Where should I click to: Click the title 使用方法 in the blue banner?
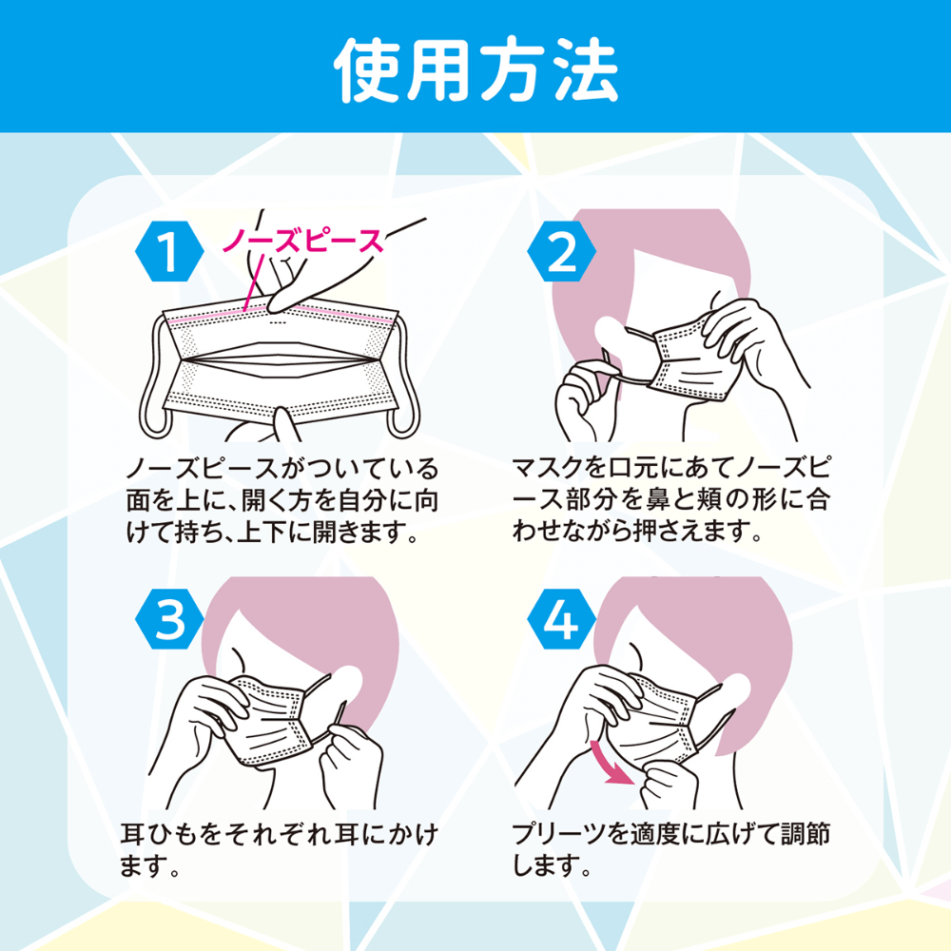coord(476,69)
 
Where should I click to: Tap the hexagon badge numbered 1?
coord(169,251)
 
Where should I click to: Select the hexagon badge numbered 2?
coord(562,251)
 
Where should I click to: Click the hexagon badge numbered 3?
coord(169,619)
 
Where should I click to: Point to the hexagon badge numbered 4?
coord(562,619)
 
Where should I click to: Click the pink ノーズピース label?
coord(302,241)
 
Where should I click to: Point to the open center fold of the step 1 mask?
coord(278,360)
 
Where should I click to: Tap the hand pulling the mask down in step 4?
coord(668,785)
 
